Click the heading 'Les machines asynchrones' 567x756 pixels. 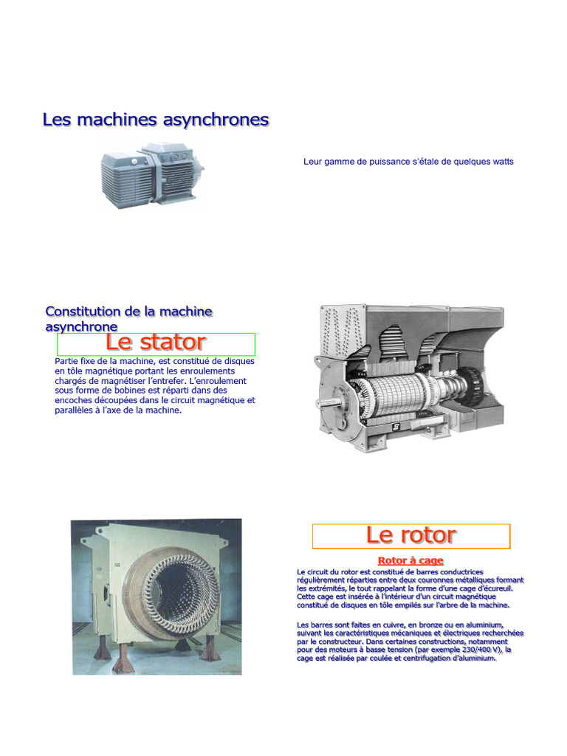tap(156, 120)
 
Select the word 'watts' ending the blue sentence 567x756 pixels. tap(501, 162)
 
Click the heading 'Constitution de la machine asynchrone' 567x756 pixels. tap(128, 319)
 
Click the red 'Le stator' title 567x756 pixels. tap(156, 343)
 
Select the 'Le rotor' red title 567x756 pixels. tap(410, 535)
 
